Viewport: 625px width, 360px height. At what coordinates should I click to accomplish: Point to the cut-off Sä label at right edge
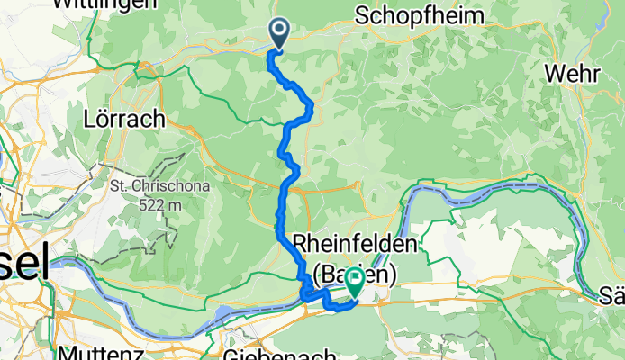[613, 295]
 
